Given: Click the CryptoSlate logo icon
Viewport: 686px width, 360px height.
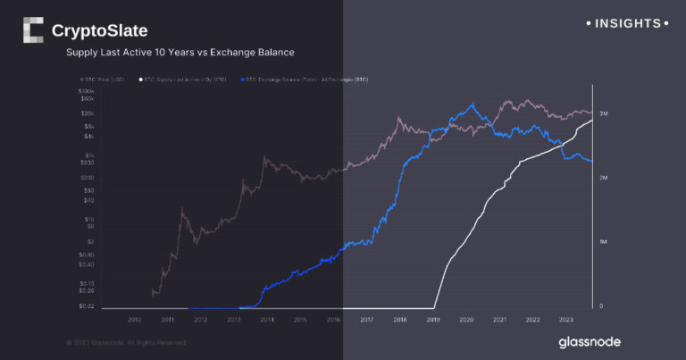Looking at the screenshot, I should (x=32, y=30).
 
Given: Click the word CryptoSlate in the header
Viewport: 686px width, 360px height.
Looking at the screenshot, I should (x=99, y=31).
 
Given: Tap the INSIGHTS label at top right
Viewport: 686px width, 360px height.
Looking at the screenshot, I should (x=624, y=23).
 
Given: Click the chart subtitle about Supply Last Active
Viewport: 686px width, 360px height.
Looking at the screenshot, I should (x=180, y=53).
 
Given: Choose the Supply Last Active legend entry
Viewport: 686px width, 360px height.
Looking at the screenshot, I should (x=182, y=80).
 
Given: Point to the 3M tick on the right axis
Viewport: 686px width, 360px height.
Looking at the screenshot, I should (x=604, y=114).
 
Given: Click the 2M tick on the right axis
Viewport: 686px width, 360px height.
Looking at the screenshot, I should (x=604, y=179).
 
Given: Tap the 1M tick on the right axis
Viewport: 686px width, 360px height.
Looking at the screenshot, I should (x=604, y=242).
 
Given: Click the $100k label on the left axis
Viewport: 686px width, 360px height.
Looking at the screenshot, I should (x=87, y=92).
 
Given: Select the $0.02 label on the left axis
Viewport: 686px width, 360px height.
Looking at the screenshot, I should (x=87, y=306).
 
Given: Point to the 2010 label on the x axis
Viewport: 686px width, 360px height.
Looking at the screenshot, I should (x=134, y=319).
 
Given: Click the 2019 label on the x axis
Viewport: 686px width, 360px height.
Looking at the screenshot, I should (x=432, y=319).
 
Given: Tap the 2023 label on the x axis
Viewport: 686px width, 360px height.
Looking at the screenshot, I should (x=565, y=319).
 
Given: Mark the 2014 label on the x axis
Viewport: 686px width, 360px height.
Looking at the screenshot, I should (x=266, y=319).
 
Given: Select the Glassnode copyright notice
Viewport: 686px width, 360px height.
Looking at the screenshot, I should (x=126, y=342).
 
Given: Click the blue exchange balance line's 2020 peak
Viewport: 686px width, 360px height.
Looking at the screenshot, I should (x=473, y=104).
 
